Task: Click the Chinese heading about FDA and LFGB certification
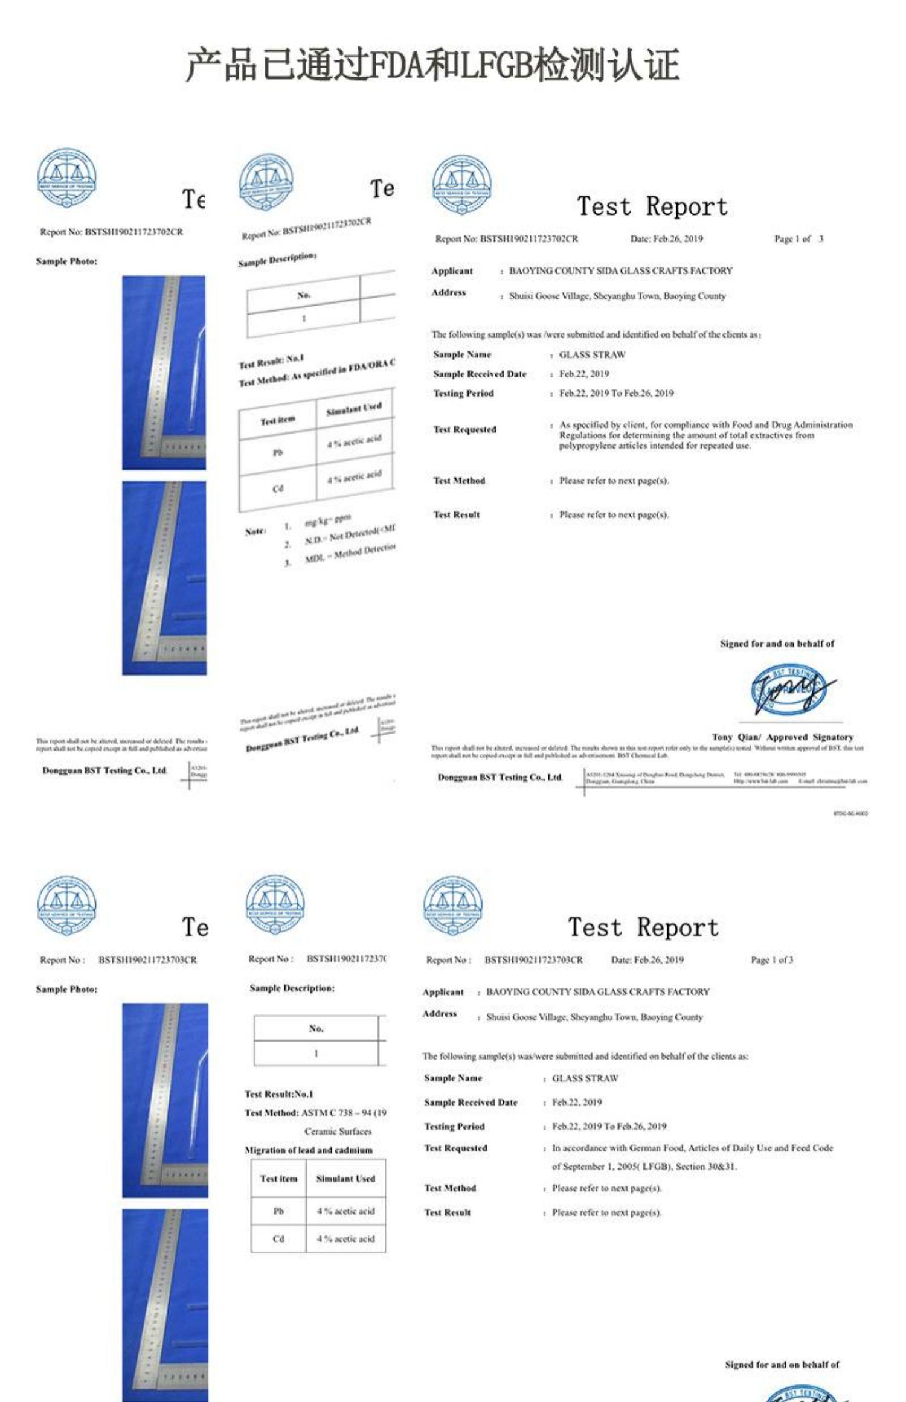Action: coord(432,65)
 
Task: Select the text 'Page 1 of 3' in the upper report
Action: coord(798,239)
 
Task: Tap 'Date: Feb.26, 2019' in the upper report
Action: coord(666,239)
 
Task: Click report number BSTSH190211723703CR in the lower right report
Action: coord(533,960)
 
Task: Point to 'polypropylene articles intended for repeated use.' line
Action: coord(655,446)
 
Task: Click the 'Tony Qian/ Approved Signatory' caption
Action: coord(782,737)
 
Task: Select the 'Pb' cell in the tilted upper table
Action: coord(278,452)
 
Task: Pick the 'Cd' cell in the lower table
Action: coord(278,1238)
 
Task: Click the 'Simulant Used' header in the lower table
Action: coord(345,1178)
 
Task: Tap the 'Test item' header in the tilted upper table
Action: coord(278,420)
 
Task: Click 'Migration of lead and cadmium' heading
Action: coord(309,1150)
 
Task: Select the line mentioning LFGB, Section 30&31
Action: coord(644,1167)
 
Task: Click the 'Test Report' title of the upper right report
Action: coord(652,206)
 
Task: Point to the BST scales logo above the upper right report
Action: coord(462,185)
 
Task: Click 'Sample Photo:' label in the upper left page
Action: coord(66,261)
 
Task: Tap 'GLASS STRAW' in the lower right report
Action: coord(585,1078)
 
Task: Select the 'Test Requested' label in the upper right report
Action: coord(464,430)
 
